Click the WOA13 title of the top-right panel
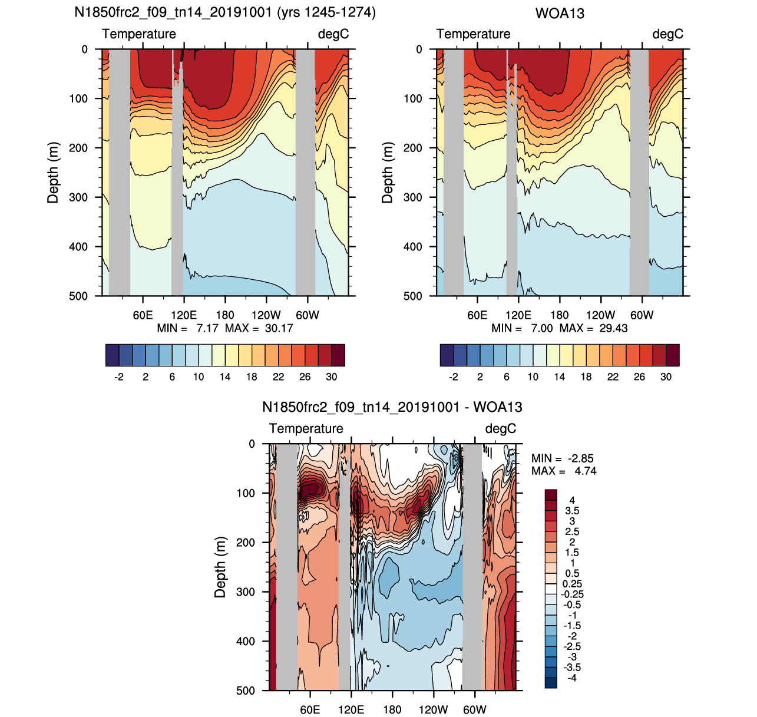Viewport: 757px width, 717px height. (560, 14)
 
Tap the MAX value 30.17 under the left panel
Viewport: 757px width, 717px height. (279, 329)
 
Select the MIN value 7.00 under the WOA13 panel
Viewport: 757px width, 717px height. (541, 329)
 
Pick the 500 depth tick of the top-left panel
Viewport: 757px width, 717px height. (78, 296)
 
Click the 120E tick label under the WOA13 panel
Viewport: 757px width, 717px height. (518, 315)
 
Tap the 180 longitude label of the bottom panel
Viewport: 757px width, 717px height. (392, 710)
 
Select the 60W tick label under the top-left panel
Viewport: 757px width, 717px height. (308, 315)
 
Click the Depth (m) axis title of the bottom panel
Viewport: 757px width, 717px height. (220, 567)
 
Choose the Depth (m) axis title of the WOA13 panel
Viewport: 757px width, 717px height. (387, 173)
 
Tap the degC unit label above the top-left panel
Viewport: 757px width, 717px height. (333, 34)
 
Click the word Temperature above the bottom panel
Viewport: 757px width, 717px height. (306, 428)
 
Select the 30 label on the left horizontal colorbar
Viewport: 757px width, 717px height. (331, 376)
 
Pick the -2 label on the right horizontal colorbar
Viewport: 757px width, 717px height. (453, 376)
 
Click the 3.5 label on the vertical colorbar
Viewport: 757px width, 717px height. (572, 511)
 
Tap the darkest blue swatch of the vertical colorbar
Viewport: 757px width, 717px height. (551, 683)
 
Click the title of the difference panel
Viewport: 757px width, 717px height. (392, 407)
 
